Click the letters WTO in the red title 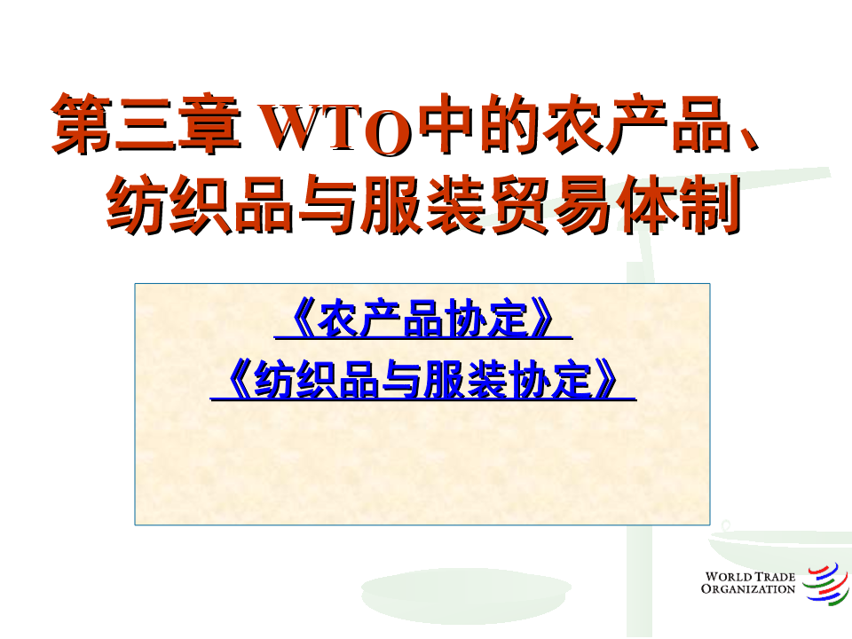coord(335,126)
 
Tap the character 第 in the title coord(83,123)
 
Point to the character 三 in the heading coord(146,123)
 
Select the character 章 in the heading coord(209,123)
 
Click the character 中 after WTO coord(446,123)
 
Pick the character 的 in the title coord(509,123)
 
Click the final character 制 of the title coord(710,205)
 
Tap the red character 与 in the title coord(329,205)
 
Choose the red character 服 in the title coord(392,205)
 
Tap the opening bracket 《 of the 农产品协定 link coord(301,319)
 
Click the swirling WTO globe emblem coord(826,583)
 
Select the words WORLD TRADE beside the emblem coord(750,577)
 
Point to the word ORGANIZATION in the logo coord(747,589)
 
